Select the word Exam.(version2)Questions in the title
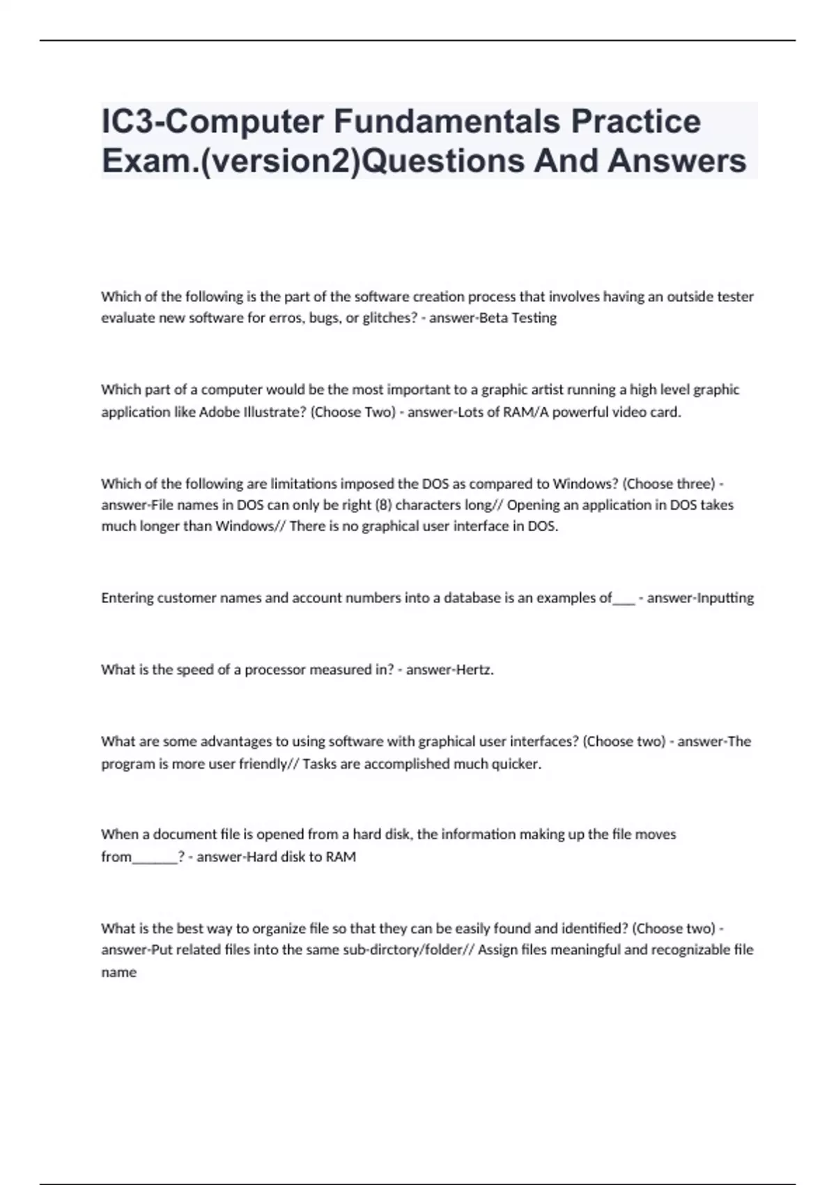[x=313, y=161]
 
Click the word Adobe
[x=217, y=412]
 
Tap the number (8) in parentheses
[x=382, y=505]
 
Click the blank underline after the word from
[x=155, y=857]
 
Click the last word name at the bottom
[x=118, y=972]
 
